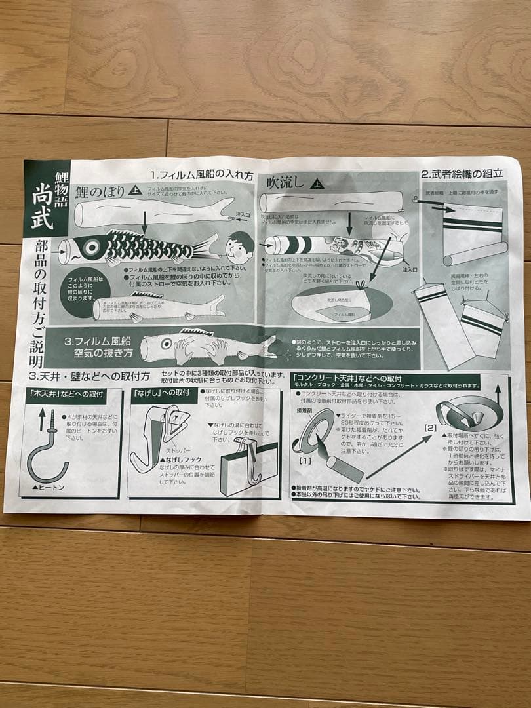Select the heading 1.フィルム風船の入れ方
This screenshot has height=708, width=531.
[201, 176]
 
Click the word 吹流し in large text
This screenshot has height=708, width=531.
[286, 184]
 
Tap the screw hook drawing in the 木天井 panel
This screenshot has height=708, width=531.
[47, 446]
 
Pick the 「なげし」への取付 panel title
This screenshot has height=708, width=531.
[161, 393]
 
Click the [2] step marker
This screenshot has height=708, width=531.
[429, 428]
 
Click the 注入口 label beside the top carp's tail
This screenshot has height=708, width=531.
[242, 214]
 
